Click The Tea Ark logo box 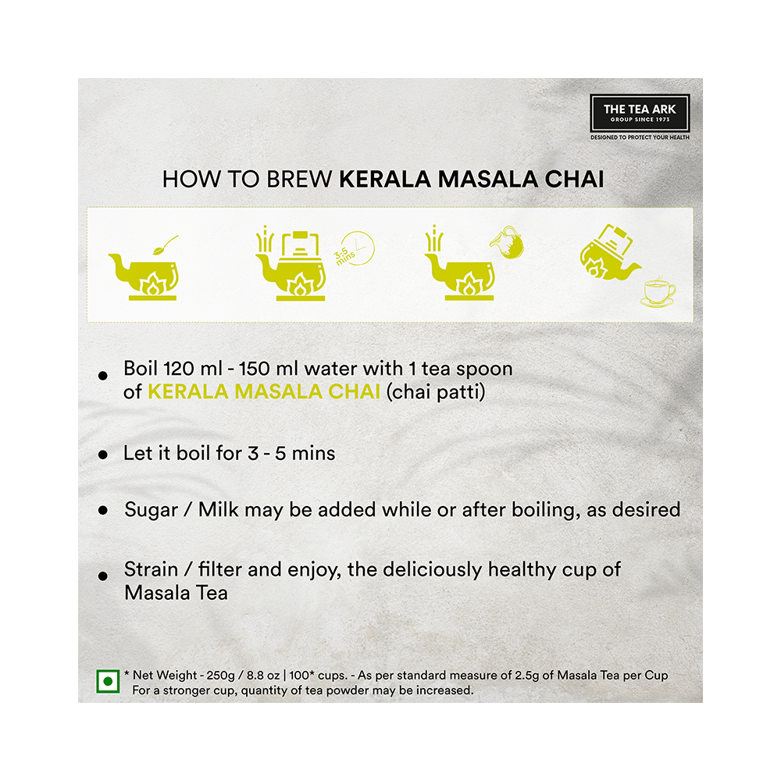640,113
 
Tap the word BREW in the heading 299,180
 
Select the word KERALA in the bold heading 384,180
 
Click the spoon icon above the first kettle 166,244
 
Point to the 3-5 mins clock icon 355,248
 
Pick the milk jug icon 507,243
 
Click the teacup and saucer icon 658,293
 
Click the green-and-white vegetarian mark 108,681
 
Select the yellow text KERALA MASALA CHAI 264,391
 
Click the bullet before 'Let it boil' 103,455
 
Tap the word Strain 151,569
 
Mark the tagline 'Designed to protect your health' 640,137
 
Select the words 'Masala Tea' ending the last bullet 176,594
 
